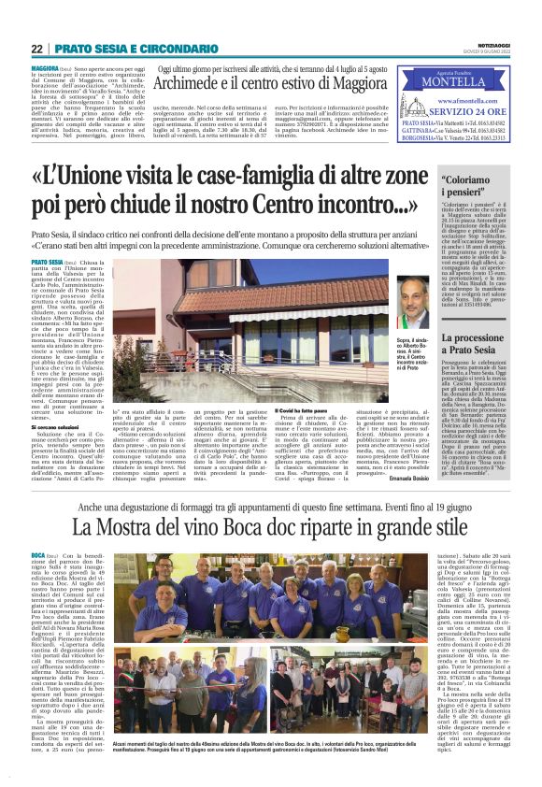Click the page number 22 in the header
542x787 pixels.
coord(36,48)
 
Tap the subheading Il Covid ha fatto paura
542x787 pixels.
coord(301,409)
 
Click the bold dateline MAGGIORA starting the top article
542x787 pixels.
coord(45,69)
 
